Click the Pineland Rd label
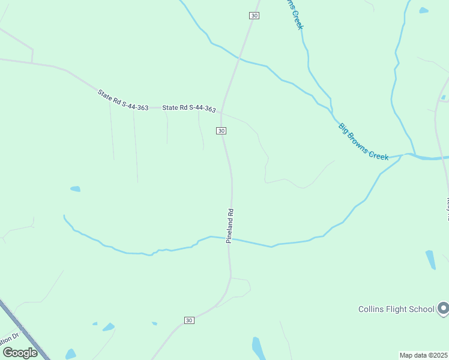pyautogui.click(x=229, y=226)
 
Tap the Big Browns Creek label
pyautogui.click(x=364, y=142)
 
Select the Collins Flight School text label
pyautogui.click(x=396, y=309)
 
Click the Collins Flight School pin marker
pyautogui.click(x=443, y=308)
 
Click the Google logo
pyautogui.click(x=20, y=353)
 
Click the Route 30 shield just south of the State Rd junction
pyautogui.click(x=221, y=130)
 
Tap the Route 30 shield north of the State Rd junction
pyautogui.click(x=254, y=16)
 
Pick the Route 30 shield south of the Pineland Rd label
pyautogui.click(x=189, y=320)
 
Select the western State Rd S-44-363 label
pyautogui.click(x=123, y=100)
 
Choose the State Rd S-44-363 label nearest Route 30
pyautogui.click(x=189, y=108)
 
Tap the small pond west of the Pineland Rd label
pyautogui.click(x=75, y=189)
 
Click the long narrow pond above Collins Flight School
pyautogui.click(x=430, y=259)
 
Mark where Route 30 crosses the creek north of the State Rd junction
pyautogui.click(x=240, y=58)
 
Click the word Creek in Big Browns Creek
pyautogui.click(x=379, y=152)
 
